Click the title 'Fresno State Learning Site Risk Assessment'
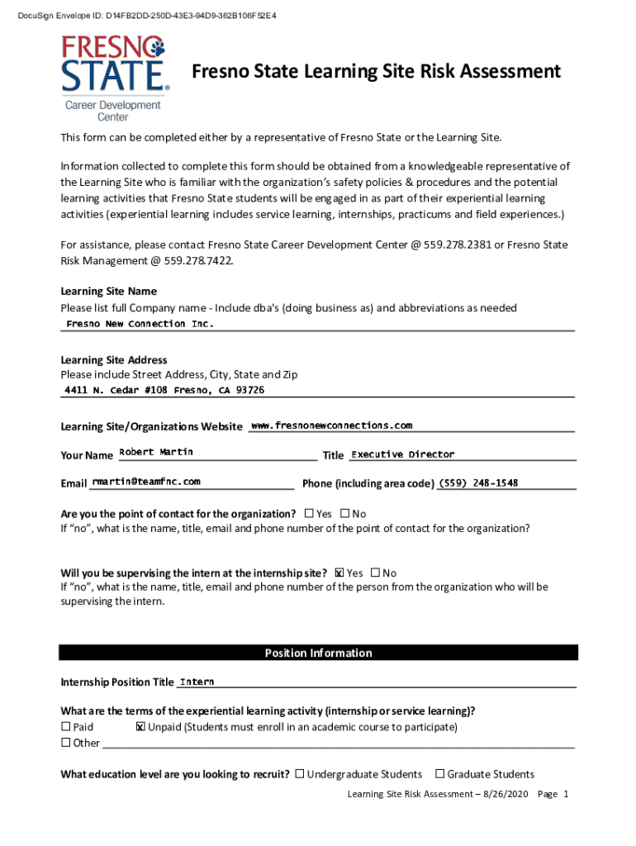tap(376, 72)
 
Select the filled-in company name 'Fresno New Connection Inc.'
tap(140, 324)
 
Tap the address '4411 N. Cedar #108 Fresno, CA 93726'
tap(165, 390)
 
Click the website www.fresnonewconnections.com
tap(330, 425)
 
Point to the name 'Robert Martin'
tap(156, 452)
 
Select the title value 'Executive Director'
tap(402, 454)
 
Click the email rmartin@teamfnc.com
tap(145, 481)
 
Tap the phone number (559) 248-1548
tap(478, 482)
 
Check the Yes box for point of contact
tap(309, 514)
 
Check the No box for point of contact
tap(344, 514)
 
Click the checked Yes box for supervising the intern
tap(339, 573)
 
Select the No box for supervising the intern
tap(375, 573)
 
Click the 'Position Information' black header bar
tap(318, 653)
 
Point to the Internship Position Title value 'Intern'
tap(197, 682)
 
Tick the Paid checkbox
tap(66, 727)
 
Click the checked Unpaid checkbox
tap(140, 727)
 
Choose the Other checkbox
tap(66, 743)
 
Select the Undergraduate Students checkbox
tap(300, 774)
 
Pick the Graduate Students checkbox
tap(440, 774)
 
